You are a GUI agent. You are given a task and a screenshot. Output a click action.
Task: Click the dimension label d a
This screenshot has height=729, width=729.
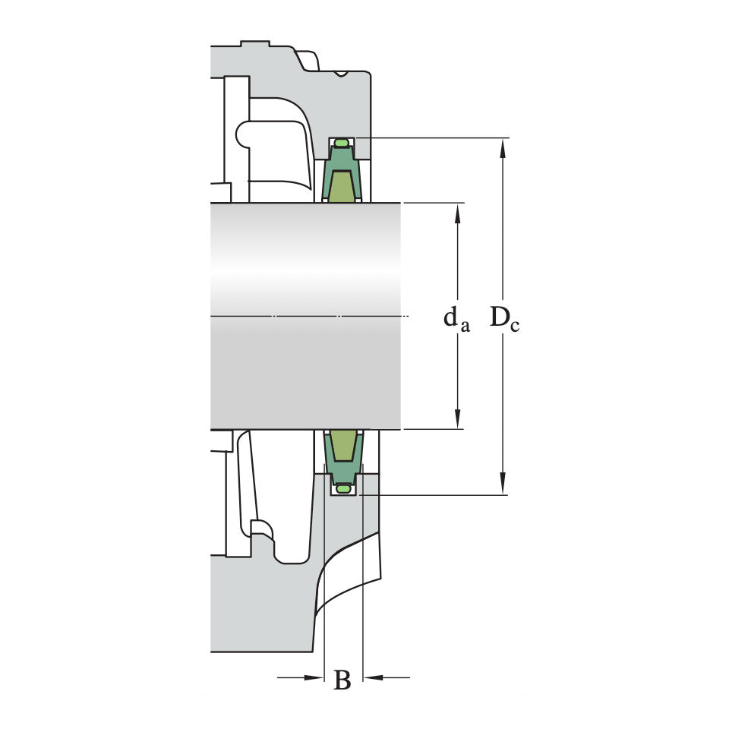click(456, 318)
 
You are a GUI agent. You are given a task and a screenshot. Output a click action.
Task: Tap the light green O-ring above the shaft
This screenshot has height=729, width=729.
click(342, 143)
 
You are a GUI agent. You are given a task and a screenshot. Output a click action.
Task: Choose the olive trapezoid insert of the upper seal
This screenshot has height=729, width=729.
click(343, 187)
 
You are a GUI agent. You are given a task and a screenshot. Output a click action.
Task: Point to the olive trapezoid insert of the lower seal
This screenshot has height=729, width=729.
click(343, 445)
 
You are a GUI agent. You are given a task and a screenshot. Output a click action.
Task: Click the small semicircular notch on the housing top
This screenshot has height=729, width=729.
click(342, 74)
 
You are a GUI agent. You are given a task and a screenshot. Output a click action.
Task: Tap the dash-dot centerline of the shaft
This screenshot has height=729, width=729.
click(304, 316)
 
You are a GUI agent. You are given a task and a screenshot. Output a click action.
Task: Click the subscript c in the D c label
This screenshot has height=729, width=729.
click(514, 327)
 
